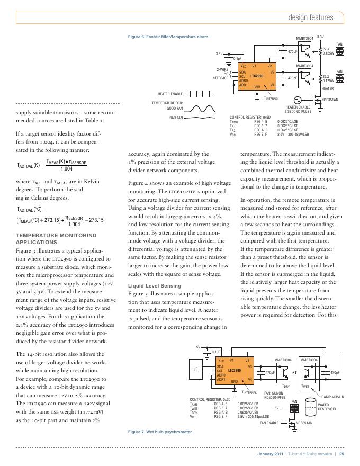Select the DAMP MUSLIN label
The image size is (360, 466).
[333, 397]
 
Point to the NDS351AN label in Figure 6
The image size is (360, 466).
[344, 100]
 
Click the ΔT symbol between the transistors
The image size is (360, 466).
[293, 373]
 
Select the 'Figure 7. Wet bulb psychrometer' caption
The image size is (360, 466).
[160, 432]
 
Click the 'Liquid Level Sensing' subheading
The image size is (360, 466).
[151, 285]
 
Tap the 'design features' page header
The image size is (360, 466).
[310, 17]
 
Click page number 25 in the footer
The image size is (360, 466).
[342, 454]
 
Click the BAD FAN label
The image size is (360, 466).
[176, 118]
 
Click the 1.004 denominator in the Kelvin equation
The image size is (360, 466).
[66, 169]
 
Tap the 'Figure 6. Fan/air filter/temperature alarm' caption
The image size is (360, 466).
[168, 37]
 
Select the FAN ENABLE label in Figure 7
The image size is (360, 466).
[269, 423]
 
